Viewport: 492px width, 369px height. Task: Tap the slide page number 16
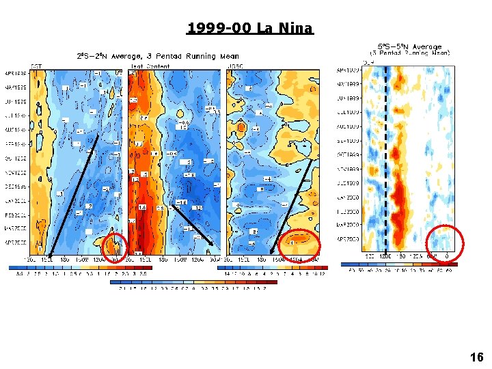click(476, 357)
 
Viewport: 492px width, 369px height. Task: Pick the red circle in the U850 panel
click(300, 244)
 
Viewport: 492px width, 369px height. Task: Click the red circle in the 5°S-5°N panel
click(444, 243)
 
